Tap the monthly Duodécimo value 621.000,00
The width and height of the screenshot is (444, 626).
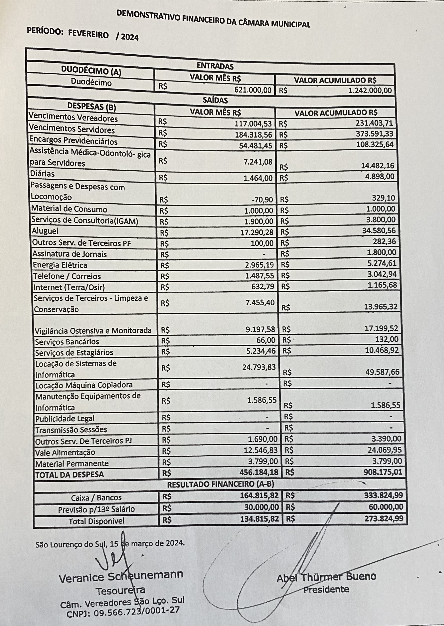point(253,90)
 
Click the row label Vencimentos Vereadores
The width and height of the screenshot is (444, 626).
point(73,117)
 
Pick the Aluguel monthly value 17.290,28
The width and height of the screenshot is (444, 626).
point(257,232)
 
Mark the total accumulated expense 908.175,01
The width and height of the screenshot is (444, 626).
point(383,472)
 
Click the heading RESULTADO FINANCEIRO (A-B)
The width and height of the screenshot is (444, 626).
point(220,484)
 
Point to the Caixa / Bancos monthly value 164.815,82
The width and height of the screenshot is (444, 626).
point(259,495)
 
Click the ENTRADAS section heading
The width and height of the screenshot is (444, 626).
point(215,66)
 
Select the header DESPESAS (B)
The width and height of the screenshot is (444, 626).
point(92,107)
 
